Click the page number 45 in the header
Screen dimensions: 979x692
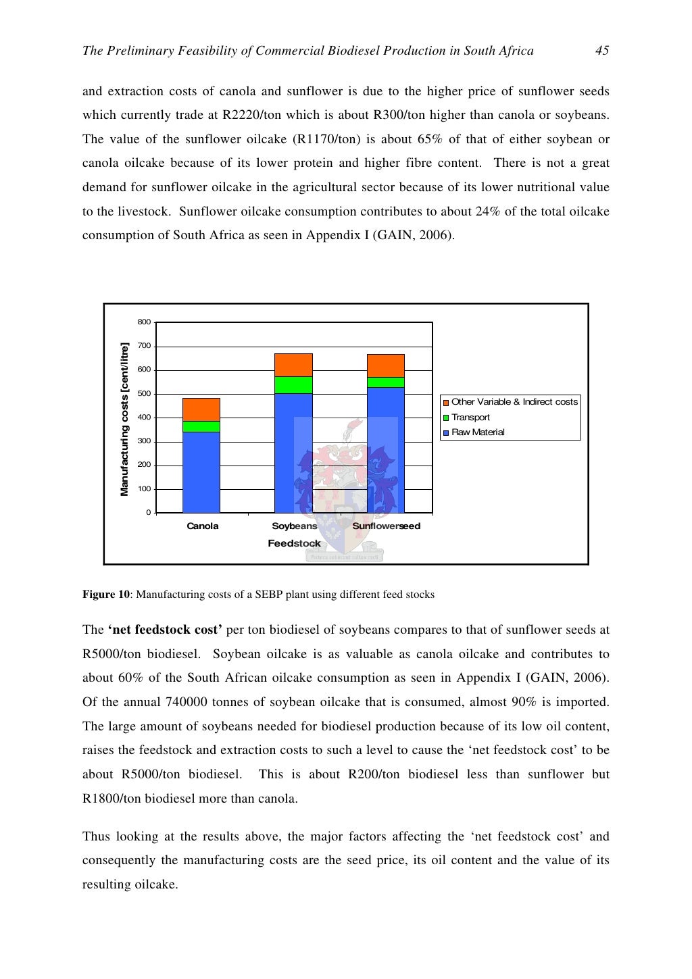[x=601, y=51]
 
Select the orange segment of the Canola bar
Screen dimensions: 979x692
[x=201, y=409]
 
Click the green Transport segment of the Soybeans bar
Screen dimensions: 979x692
[x=293, y=385]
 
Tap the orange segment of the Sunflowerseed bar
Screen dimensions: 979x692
[x=385, y=366]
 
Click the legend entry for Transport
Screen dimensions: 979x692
[x=470, y=418]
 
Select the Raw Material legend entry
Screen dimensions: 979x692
[x=477, y=432]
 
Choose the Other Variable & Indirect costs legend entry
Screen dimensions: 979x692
[x=514, y=402]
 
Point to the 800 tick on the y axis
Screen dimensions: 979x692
[x=144, y=322]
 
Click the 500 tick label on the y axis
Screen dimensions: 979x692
[x=144, y=394]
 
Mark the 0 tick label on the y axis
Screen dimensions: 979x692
[x=148, y=513]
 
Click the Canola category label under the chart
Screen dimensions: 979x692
[x=203, y=526]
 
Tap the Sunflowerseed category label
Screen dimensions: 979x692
[x=386, y=526]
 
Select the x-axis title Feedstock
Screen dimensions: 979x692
[x=294, y=543]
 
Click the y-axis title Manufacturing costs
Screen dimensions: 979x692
[x=124, y=420]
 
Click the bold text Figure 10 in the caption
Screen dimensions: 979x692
[x=105, y=595]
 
